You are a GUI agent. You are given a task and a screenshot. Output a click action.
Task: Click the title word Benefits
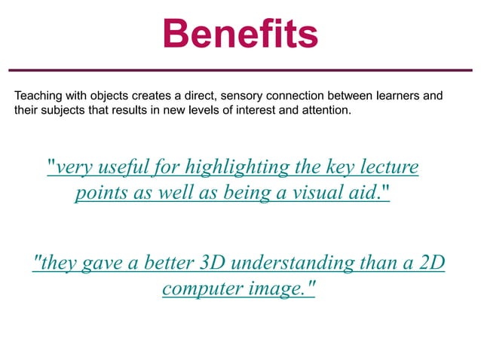tap(240, 33)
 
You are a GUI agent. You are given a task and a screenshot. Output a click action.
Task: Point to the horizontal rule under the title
tap(240, 71)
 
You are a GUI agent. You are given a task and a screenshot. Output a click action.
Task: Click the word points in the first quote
tap(98, 193)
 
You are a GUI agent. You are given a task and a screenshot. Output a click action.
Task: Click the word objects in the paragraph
tap(111, 96)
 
